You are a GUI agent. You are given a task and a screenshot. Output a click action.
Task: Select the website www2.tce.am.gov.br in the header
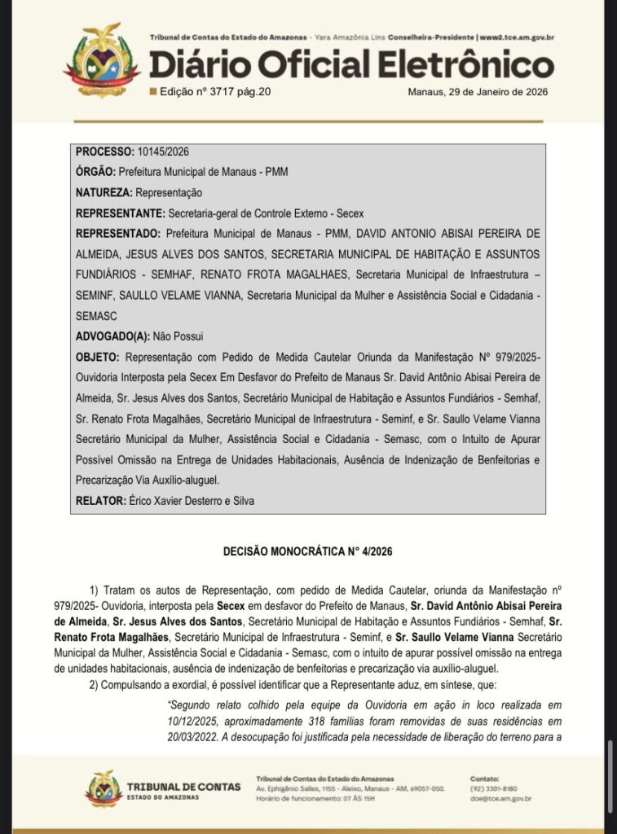click(517, 37)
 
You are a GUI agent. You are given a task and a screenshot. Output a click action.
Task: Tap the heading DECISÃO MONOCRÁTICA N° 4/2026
click(307, 551)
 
